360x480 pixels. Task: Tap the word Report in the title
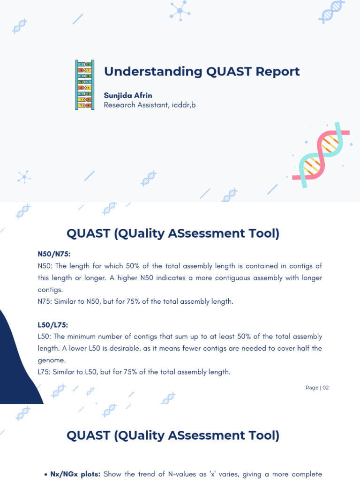278,72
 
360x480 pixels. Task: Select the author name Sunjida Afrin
128,95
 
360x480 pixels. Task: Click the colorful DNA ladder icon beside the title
84,85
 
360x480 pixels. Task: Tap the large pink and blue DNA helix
321,155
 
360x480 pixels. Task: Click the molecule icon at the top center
180,10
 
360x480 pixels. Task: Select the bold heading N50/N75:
54,254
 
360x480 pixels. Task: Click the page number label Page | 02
317,388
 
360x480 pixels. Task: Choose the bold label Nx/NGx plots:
75,474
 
